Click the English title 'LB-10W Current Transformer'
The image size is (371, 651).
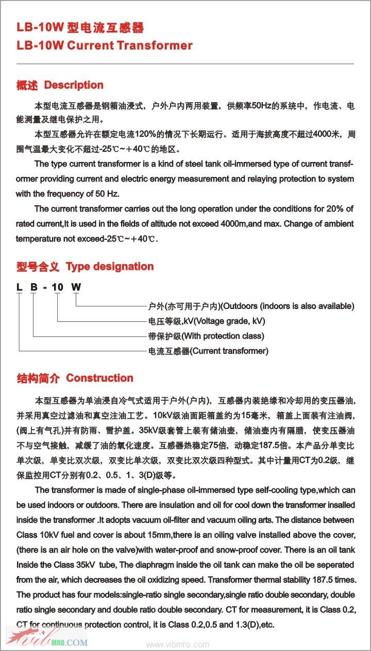click(105, 45)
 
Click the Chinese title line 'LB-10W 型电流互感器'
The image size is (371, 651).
click(80, 28)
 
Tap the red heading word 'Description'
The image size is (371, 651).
click(74, 85)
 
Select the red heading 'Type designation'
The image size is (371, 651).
click(110, 267)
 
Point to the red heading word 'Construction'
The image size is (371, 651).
click(99, 378)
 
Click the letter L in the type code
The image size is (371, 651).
click(19, 287)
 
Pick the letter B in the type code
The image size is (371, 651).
click(33, 287)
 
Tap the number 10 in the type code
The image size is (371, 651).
click(58, 287)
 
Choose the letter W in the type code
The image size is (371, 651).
click(76, 287)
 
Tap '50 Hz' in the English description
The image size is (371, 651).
click(108, 194)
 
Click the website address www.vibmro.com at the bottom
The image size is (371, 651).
click(178, 644)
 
